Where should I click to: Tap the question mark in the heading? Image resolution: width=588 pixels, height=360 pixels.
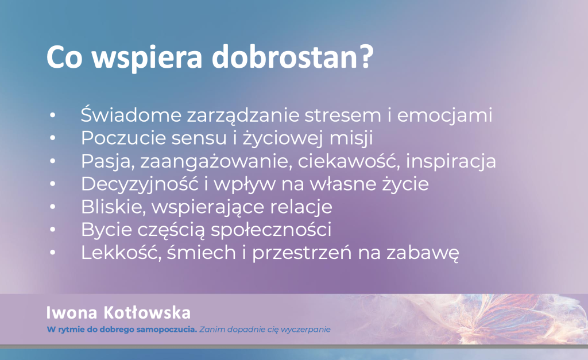click(x=363, y=56)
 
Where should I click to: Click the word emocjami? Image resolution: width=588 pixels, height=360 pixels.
click(x=444, y=115)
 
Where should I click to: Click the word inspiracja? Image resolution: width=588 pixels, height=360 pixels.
click(x=451, y=161)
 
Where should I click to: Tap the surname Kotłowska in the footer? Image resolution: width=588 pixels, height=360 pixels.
click(x=146, y=313)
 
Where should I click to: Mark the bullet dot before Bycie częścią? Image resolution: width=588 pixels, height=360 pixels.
click(x=52, y=230)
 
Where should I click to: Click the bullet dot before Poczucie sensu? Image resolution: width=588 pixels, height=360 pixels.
click(x=52, y=138)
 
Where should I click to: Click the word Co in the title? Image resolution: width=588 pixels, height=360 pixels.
click(x=64, y=56)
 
